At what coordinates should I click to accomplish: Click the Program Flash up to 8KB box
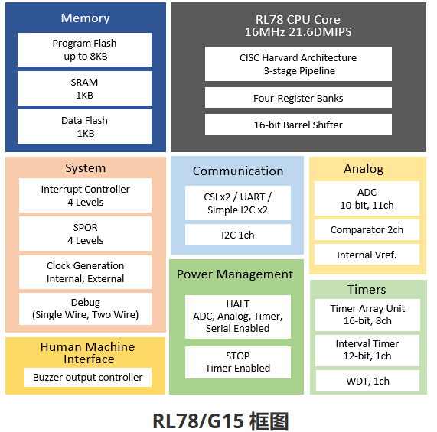(x=85, y=50)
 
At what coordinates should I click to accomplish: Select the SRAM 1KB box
(x=85, y=89)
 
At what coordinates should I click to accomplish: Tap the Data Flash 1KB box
(x=85, y=127)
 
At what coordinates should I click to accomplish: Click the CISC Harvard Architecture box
(x=298, y=64)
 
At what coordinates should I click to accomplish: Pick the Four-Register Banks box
(x=298, y=98)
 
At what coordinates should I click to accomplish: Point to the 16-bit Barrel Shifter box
(x=298, y=125)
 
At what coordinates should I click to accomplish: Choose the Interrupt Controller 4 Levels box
(x=85, y=196)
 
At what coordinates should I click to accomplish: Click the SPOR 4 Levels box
(x=85, y=234)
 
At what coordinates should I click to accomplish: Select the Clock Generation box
(x=85, y=272)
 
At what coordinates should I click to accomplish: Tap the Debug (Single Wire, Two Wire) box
(x=85, y=308)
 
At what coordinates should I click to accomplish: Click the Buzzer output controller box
(x=87, y=377)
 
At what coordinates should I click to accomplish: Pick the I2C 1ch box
(x=237, y=235)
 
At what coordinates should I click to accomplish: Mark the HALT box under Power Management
(x=237, y=317)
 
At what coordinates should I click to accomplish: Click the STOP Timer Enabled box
(x=237, y=362)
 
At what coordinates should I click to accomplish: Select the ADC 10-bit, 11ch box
(x=367, y=199)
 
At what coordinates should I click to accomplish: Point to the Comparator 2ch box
(x=367, y=230)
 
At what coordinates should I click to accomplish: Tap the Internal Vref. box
(x=367, y=255)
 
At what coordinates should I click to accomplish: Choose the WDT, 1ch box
(x=367, y=381)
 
